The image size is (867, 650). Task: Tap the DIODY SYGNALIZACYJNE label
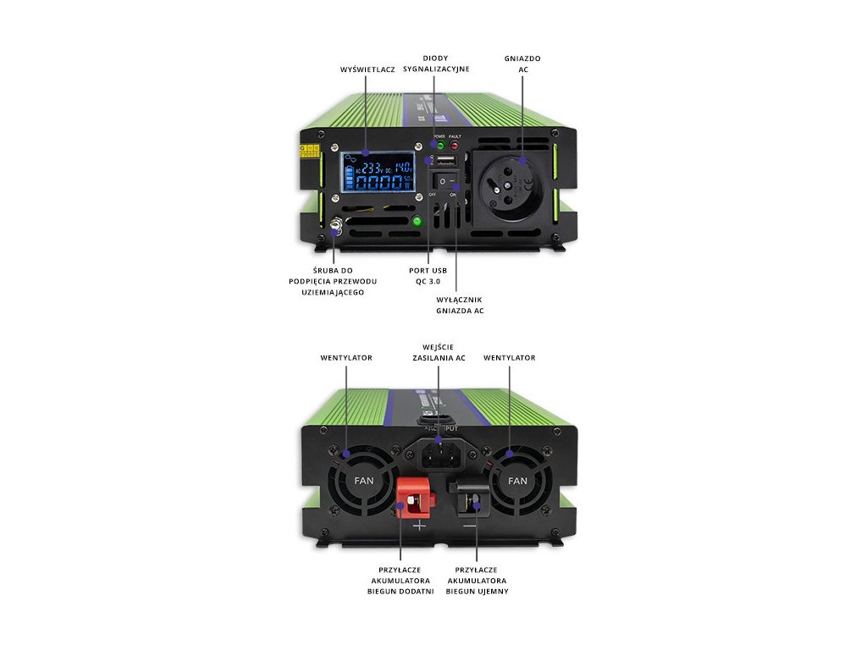435,63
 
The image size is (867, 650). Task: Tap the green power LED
439,146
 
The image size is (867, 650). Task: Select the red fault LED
455,146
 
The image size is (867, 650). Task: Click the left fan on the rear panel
363,481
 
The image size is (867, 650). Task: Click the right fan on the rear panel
517,481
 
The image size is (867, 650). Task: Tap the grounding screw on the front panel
335,229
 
